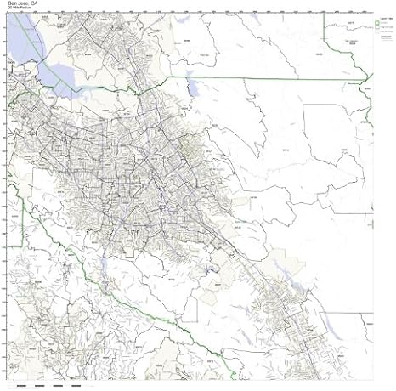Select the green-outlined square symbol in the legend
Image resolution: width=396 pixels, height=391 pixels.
click(x=377, y=24)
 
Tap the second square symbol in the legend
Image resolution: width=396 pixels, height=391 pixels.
click(x=377, y=29)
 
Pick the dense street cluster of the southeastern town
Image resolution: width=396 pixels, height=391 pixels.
click(x=280, y=314)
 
